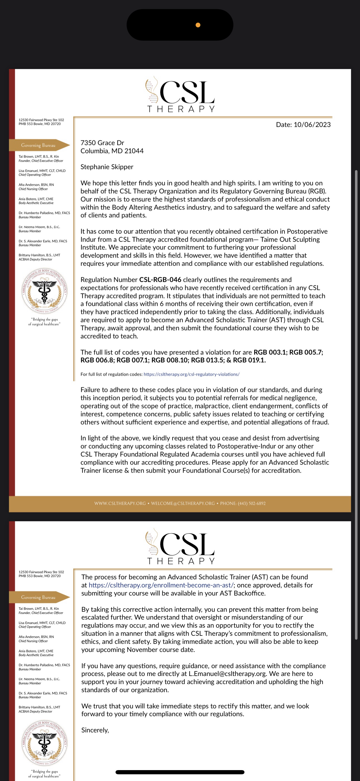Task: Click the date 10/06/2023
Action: [312, 125]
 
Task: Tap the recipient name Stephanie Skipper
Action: [107, 167]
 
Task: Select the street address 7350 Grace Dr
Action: [102, 143]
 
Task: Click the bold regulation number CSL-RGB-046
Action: [160, 280]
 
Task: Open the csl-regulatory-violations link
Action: [191, 374]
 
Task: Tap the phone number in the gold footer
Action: [243, 503]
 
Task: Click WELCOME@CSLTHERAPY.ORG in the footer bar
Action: [183, 503]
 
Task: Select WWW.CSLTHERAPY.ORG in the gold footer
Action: [120, 503]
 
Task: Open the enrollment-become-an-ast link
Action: [161, 585]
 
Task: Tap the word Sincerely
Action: [95, 730]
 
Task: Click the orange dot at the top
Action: [198, 25]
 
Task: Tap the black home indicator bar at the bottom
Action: [180, 772]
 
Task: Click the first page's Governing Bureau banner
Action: [39, 145]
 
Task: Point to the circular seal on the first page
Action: [45, 291]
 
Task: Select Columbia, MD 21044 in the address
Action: [112, 151]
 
